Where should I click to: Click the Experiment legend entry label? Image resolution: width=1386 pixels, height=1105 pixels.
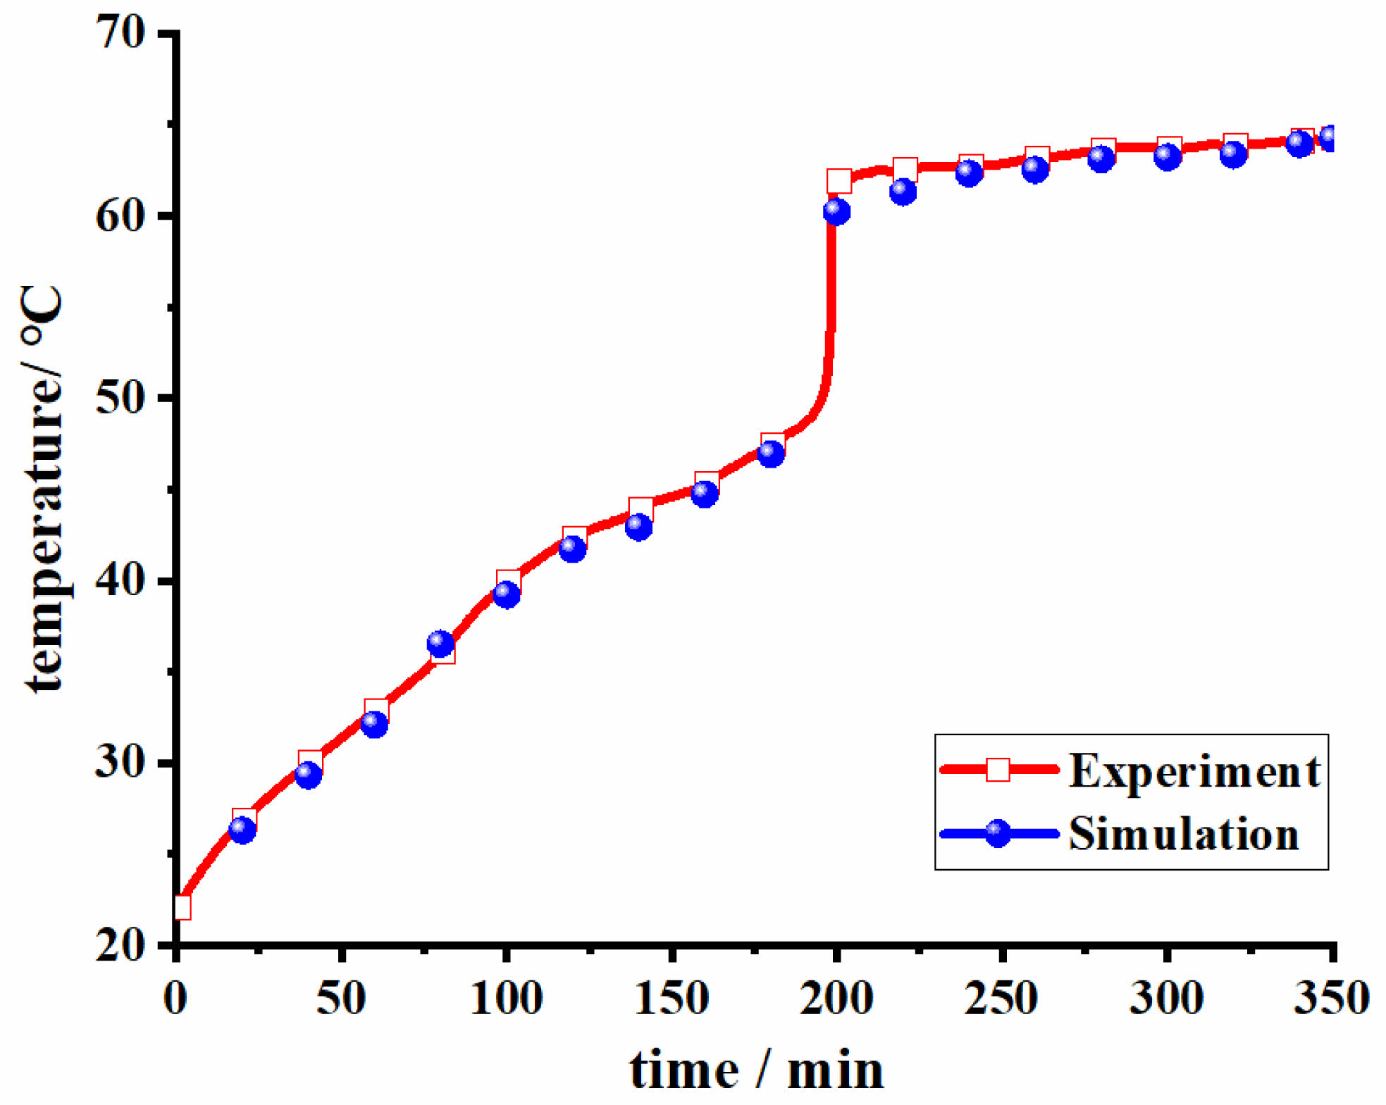1195,771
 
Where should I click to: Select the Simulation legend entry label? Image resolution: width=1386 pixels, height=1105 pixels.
1184,835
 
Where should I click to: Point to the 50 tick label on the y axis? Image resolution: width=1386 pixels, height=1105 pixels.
120,397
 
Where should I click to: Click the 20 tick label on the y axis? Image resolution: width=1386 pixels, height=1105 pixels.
120,945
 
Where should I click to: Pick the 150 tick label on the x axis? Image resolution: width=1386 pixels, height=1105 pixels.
672,998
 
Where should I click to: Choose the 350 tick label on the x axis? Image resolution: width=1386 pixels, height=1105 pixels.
1331,998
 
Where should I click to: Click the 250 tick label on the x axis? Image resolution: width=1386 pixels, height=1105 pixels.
1001,998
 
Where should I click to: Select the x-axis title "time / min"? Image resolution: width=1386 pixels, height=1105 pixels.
756,1070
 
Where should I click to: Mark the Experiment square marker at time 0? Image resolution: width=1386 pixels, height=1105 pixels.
182,907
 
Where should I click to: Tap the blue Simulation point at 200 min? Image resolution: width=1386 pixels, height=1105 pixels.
836,211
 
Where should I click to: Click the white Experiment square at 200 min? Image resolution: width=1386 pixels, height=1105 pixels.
839,181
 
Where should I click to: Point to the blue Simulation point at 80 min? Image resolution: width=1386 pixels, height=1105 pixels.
440,643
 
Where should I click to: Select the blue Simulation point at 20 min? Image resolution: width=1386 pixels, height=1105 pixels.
242,830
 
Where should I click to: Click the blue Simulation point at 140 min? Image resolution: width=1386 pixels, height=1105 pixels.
638,526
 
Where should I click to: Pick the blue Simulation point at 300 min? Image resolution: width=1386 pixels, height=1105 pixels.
1168,156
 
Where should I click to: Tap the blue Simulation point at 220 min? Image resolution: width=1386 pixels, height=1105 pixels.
903,191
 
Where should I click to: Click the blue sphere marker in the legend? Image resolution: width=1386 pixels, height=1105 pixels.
998,834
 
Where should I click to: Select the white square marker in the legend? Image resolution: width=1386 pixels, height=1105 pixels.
998,770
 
